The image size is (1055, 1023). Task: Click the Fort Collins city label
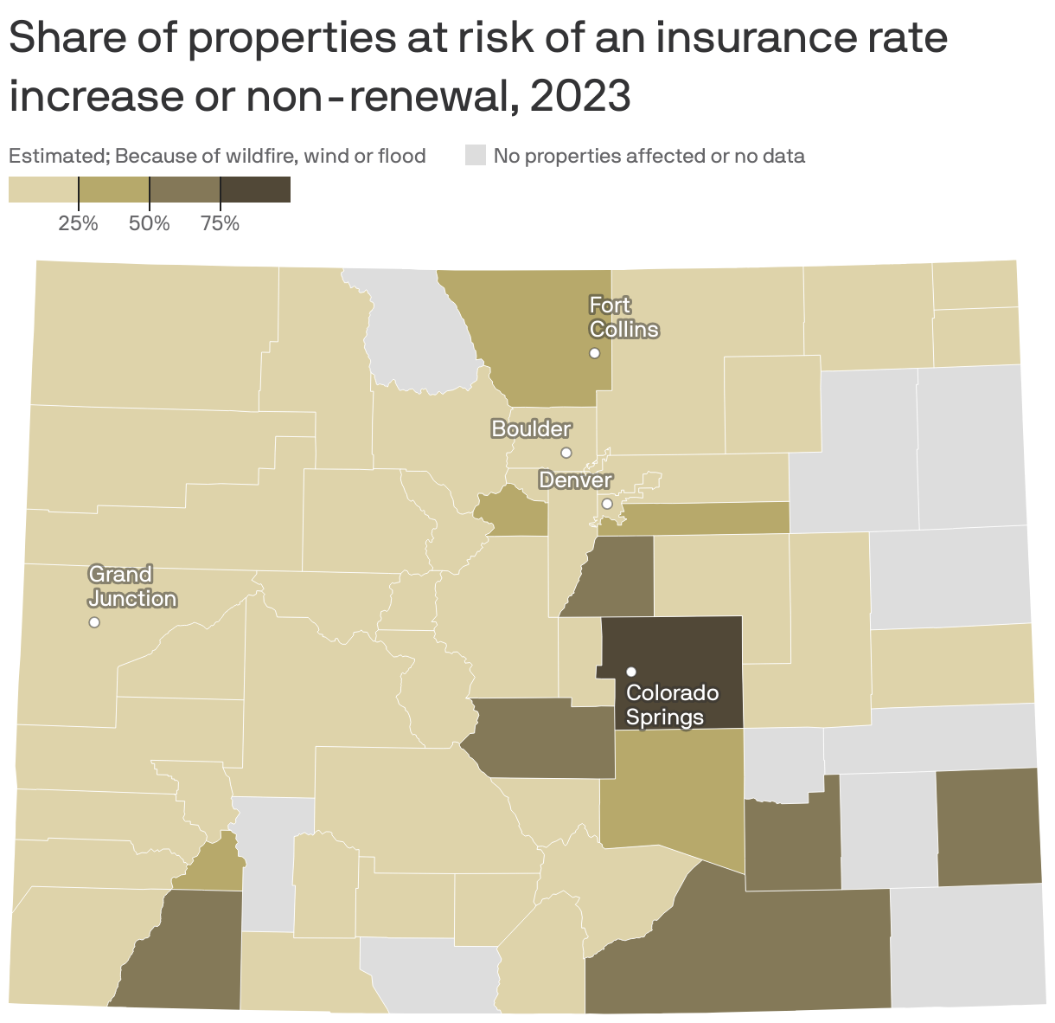[623, 318]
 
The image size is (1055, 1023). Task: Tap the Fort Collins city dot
[595, 353]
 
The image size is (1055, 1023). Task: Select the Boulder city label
[531, 428]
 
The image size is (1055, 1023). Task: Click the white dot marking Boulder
[566, 453]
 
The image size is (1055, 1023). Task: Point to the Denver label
[575, 479]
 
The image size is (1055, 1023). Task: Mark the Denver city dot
[607, 504]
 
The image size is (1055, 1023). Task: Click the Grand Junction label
[132, 587]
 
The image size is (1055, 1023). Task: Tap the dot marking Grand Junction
[94, 622]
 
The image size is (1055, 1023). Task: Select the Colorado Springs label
[672, 705]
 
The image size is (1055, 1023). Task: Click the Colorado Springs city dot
[631, 672]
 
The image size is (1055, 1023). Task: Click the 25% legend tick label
[78, 224]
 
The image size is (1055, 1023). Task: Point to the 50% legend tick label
[149, 224]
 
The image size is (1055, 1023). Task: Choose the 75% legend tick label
[220, 224]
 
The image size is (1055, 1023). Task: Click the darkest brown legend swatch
[255, 189]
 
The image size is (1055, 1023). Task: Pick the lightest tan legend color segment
[43, 189]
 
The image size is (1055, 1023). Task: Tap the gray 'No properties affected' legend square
[476, 156]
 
